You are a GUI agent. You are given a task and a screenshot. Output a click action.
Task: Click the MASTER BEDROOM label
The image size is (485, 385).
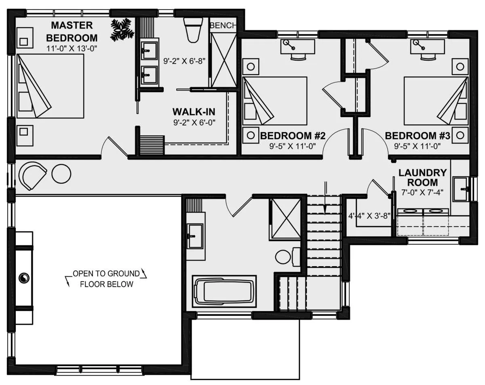[x=72, y=32]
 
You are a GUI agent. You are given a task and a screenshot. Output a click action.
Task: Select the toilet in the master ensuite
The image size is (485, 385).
[x=193, y=30]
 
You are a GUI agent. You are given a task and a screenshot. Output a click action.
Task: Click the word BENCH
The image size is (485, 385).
[x=223, y=25]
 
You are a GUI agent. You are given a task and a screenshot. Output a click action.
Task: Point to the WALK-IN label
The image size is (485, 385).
[x=194, y=112]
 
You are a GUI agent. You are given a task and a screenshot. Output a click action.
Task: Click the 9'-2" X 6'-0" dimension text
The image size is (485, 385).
[x=194, y=122]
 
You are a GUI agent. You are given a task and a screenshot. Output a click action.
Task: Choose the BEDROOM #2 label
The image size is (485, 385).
[x=293, y=136]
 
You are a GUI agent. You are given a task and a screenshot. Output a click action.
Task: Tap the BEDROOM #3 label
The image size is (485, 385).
[x=418, y=136]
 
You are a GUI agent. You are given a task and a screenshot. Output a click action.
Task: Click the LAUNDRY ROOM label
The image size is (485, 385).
[x=423, y=177]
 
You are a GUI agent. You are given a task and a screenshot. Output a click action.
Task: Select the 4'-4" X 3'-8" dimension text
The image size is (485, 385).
[x=369, y=216]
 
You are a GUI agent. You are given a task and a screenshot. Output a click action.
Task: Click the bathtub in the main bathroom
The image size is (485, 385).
[x=224, y=291]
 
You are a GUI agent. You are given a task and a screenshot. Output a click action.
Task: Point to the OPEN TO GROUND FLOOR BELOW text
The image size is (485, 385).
[x=106, y=279]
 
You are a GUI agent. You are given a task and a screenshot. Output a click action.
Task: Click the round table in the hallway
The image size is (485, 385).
[x=61, y=174]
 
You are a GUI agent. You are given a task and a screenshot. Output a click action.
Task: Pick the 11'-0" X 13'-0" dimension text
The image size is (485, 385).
[x=72, y=48]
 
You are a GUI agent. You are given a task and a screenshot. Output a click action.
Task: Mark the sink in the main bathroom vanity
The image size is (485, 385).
[x=195, y=236]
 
